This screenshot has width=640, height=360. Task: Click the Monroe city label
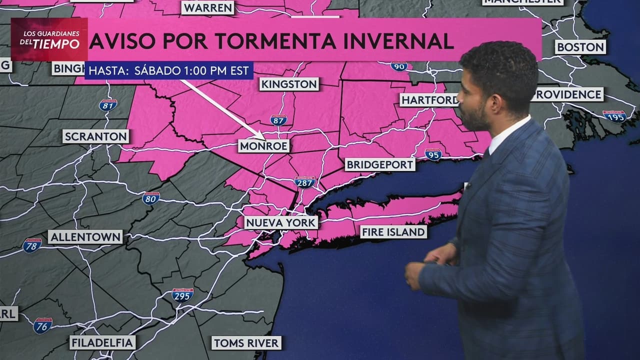263,145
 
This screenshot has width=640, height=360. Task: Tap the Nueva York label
281,222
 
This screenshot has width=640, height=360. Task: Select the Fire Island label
393,231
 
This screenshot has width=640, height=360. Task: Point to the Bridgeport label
380,164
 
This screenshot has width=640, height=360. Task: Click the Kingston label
289,84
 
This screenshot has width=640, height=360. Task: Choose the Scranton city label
96,136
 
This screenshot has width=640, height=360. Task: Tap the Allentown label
85,236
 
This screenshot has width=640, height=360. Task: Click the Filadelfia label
102,342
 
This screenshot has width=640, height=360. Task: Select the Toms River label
246,342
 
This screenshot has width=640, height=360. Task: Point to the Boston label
580,47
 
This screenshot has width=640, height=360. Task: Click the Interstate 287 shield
304,182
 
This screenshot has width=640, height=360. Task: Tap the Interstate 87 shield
278,120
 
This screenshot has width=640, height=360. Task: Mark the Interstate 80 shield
151,198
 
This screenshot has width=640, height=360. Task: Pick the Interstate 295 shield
182,295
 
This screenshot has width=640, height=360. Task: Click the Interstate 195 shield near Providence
614,116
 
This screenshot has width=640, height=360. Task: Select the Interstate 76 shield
43,325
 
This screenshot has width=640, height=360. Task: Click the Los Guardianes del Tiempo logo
49,39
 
